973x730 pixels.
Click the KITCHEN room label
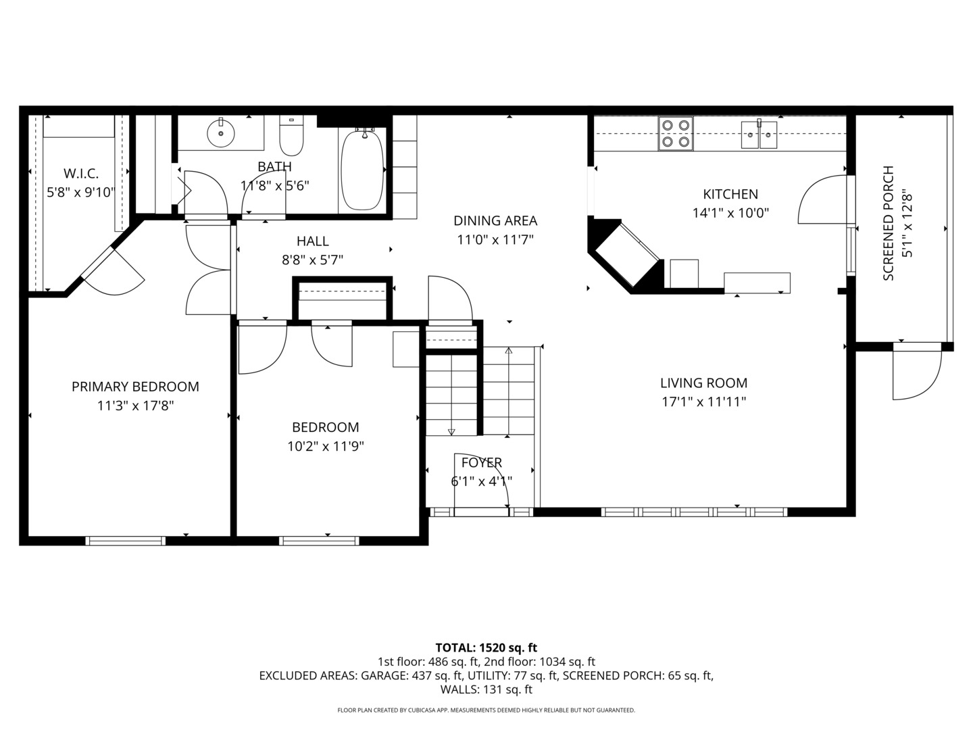click(x=730, y=195)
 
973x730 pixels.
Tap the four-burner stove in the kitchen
click(x=676, y=133)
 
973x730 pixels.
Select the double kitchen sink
click(x=759, y=135)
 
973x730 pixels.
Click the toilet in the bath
click(x=292, y=137)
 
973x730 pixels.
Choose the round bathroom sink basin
click(x=220, y=132)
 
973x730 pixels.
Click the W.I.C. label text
click(x=81, y=174)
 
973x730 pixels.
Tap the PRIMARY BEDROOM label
click(x=135, y=387)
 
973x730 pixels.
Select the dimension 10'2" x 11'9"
click(x=326, y=446)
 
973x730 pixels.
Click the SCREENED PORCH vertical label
click(x=889, y=223)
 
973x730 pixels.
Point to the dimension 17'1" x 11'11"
click(x=703, y=401)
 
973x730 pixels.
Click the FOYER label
click(x=481, y=463)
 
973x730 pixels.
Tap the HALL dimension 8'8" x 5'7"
click(x=312, y=260)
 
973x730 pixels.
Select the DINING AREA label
click(x=495, y=221)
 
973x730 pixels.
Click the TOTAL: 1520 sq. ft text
click(x=486, y=648)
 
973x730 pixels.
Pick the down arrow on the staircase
click(x=451, y=431)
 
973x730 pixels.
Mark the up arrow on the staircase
click(x=509, y=350)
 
